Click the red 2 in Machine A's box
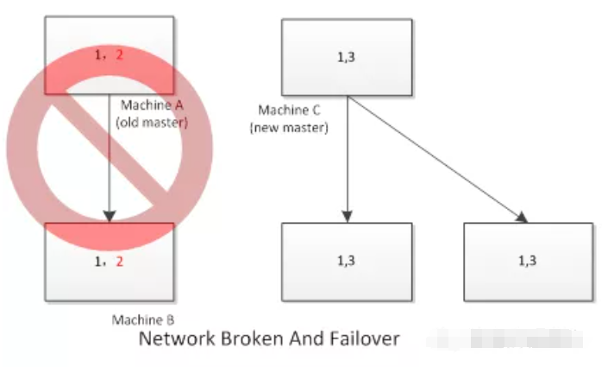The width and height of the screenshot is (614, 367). click(x=120, y=54)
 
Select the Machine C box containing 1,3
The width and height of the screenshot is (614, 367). click(x=347, y=57)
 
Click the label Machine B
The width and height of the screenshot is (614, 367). click(x=144, y=320)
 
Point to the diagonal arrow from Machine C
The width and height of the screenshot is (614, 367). click(x=435, y=155)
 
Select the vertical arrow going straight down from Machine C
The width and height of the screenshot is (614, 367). click(x=347, y=155)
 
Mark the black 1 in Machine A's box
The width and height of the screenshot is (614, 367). click(x=102, y=54)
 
